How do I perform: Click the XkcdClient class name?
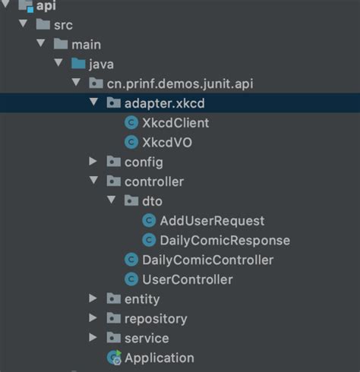175,122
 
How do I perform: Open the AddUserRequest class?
212,221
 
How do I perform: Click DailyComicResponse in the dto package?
225,241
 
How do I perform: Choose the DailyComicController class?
207,260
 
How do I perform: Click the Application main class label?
159,358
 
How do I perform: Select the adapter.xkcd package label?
166,102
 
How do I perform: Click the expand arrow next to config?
93,162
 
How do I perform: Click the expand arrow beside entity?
93,299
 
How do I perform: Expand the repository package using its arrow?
93,319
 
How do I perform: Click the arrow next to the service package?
93,339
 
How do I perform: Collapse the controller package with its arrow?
93,181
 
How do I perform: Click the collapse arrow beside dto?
111,201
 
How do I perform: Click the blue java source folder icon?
77,63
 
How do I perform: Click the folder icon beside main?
60,44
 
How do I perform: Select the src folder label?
63,24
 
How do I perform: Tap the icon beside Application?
114,358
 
